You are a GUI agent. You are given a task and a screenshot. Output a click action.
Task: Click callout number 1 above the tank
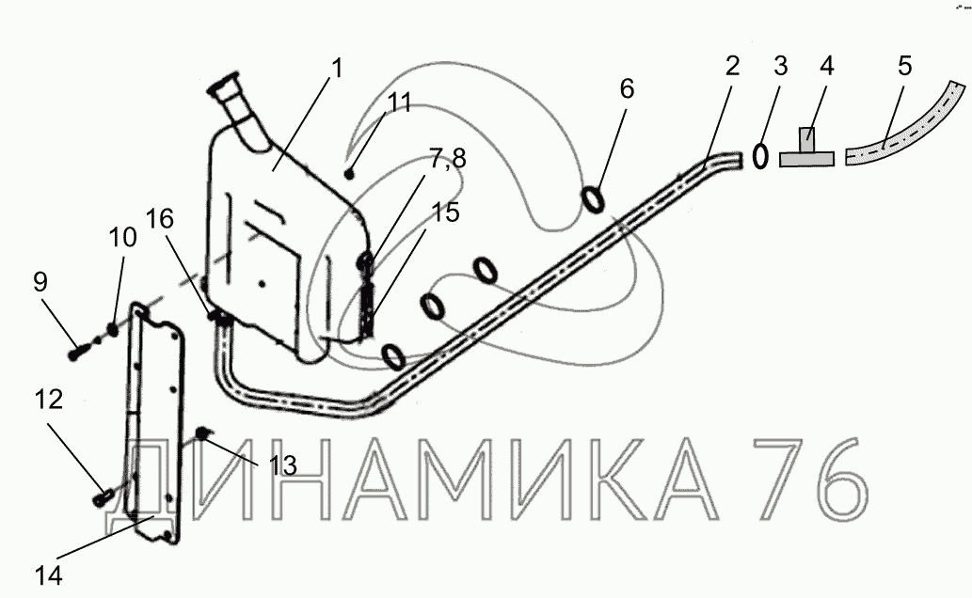[x=337, y=69]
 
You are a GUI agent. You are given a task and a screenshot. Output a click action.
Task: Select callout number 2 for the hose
[x=732, y=66]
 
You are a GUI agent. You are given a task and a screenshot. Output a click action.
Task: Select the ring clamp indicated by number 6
[x=593, y=198]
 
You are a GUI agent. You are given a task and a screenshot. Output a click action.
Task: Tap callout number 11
[x=400, y=103]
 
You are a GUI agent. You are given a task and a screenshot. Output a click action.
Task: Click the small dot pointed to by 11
[x=349, y=173]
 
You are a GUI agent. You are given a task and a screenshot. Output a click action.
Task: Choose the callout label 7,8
[x=447, y=159]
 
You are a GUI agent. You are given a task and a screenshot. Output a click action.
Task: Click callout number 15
[x=446, y=213]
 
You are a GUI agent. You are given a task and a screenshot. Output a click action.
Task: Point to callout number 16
[x=160, y=219]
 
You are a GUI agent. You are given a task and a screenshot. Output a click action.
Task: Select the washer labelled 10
[x=113, y=329]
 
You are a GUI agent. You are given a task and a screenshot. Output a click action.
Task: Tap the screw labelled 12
[x=104, y=492]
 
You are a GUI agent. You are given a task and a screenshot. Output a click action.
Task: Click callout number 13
[x=282, y=465]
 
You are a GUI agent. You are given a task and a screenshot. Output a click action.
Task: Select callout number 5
[x=904, y=67]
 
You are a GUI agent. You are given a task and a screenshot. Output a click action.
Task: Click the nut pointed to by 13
[x=201, y=433]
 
